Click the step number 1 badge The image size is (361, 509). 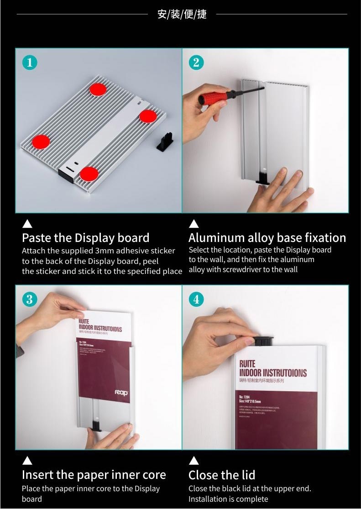(30, 62)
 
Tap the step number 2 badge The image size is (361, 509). (196, 62)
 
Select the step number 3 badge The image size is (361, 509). (30, 299)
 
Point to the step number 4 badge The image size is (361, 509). (196, 299)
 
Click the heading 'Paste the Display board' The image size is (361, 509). (85, 238)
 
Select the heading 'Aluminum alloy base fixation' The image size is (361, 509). (267, 238)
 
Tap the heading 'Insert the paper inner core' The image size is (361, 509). (94, 475)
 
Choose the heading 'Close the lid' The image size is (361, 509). (222, 475)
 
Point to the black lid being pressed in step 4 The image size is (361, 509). (263, 341)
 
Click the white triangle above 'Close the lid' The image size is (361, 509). (194, 460)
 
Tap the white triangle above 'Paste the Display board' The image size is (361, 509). (27, 223)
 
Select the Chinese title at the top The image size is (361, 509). (182, 14)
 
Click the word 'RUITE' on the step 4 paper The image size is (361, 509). (247, 364)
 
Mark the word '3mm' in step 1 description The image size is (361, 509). (105, 251)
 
